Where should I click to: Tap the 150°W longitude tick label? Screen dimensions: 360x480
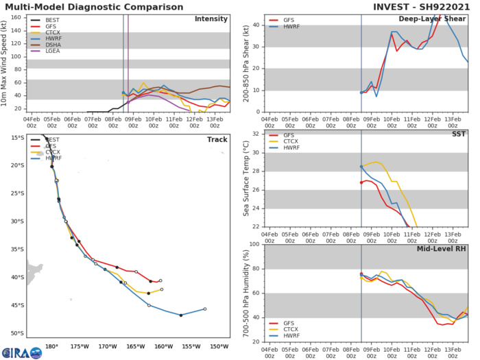coord(219,346)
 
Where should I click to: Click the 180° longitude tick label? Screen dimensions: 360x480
coord(51,346)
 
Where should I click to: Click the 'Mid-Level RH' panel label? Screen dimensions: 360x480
coord(444,246)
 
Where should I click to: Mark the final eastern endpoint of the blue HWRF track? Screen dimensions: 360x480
coord(205,309)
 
